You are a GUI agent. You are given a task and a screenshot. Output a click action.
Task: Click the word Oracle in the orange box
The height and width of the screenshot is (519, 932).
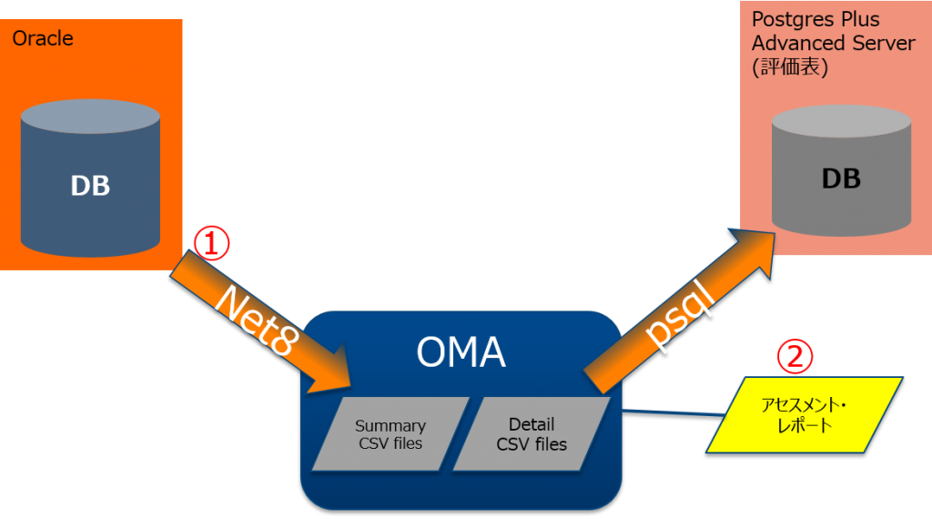pyautogui.click(x=44, y=39)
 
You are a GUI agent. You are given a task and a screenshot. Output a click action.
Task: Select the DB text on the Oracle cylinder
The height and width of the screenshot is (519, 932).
pyautogui.click(x=90, y=185)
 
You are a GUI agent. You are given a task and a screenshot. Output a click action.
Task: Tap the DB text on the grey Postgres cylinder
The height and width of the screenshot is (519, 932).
pyautogui.click(x=840, y=178)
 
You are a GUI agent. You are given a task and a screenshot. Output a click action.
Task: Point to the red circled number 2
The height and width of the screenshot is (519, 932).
pyautogui.click(x=794, y=357)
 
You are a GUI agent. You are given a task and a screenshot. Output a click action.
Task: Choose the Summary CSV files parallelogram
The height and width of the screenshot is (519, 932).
pyautogui.click(x=390, y=434)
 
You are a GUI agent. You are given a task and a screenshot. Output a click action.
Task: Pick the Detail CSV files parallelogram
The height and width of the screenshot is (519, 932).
pyautogui.click(x=532, y=434)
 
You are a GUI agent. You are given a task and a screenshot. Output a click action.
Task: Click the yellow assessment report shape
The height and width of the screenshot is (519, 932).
pyautogui.click(x=805, y=414)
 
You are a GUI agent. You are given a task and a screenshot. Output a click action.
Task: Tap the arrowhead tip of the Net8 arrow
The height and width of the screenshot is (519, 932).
pyautogui.click(x=349, y=382)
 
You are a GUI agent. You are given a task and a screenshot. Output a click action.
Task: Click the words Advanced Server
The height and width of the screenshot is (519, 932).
pyautogui.click(x=833, y=44)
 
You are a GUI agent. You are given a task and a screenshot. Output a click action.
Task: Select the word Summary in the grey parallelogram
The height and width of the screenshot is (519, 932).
pyautogui.click(x=390, y=425)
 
